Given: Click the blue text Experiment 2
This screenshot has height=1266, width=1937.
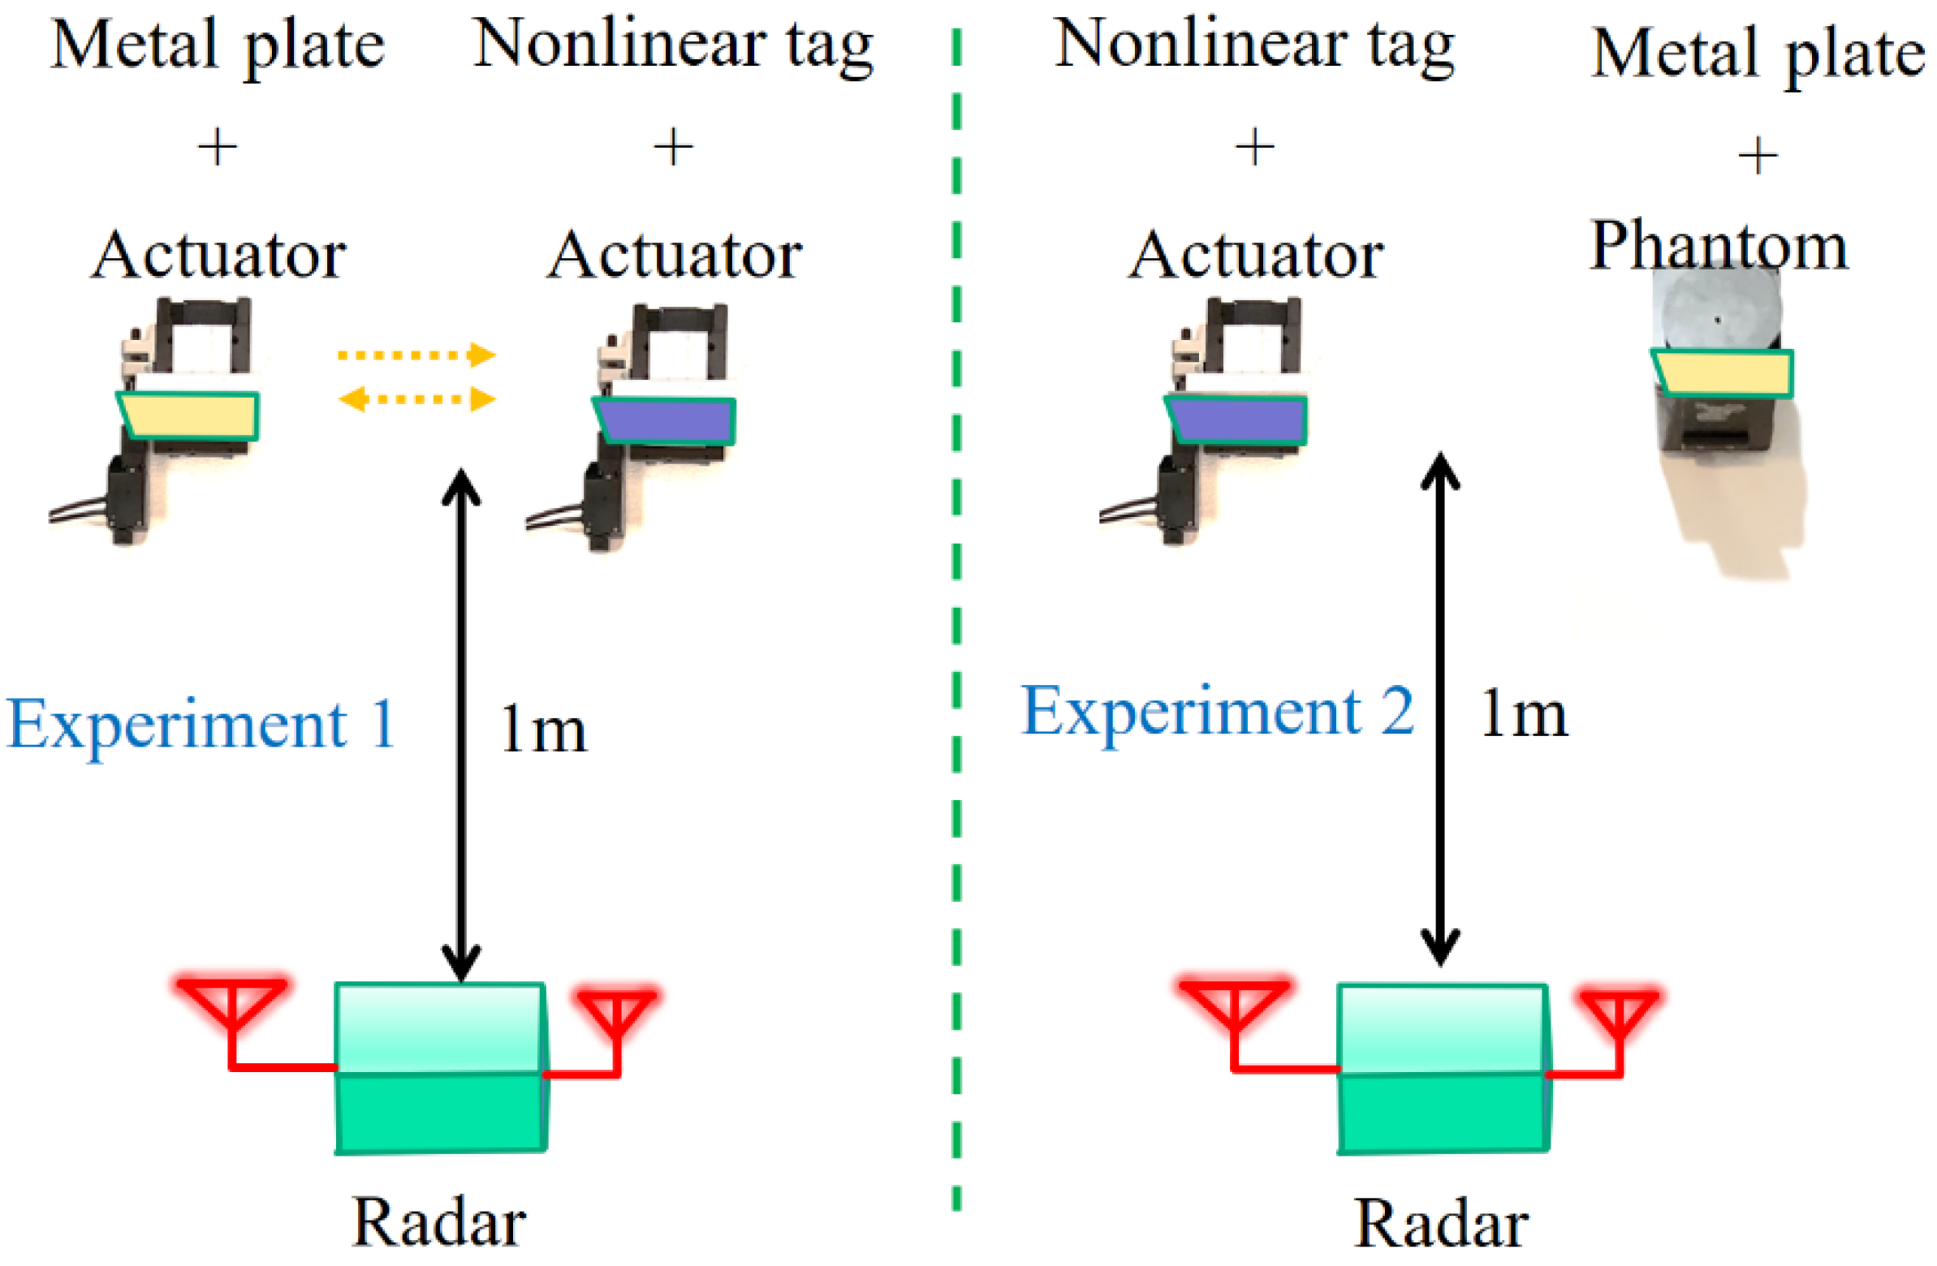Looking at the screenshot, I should pos(1218,711).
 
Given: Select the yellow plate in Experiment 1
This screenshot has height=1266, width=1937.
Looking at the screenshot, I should pos(189,416).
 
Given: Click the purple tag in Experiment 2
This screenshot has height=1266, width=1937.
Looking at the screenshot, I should pos(1238,420).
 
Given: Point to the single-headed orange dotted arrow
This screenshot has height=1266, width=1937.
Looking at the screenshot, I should pos(416,355).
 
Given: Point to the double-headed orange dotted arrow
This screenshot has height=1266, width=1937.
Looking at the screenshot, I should pos(416,399).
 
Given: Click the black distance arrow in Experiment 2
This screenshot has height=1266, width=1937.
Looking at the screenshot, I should pos(1439,708).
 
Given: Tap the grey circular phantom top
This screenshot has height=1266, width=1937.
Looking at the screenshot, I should pos(1717,313).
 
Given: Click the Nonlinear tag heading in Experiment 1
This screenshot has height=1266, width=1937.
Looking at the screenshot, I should pos(673,45).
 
